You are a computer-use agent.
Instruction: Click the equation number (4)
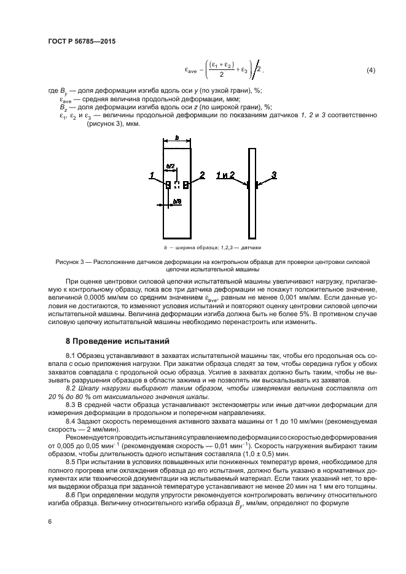click(x=370, y=71)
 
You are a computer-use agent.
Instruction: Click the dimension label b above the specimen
click(x=176, y=139)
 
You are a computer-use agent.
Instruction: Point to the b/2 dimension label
click(x=171, y=166)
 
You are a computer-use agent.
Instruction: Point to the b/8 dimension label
click(x=177, y=201)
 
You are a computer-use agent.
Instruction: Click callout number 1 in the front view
click(x=150, y=176)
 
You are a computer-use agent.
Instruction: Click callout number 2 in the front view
click(x=201, y=176)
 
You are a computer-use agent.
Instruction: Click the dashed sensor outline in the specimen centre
click(x=177, y=184)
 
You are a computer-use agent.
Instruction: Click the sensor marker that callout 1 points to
click(x=168, y=184)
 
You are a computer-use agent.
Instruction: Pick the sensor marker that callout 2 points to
click(x=185, y=184)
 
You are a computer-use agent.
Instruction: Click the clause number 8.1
click(x=71, y=355)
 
